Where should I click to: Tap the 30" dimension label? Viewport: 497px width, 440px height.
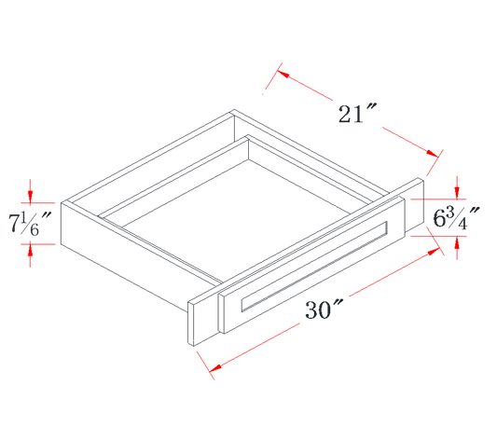click(x=323, y=309)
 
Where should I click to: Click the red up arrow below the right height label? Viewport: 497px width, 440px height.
click(x=457, y=248)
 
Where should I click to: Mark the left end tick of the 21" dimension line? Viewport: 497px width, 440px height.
click(x=271, y=81)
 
